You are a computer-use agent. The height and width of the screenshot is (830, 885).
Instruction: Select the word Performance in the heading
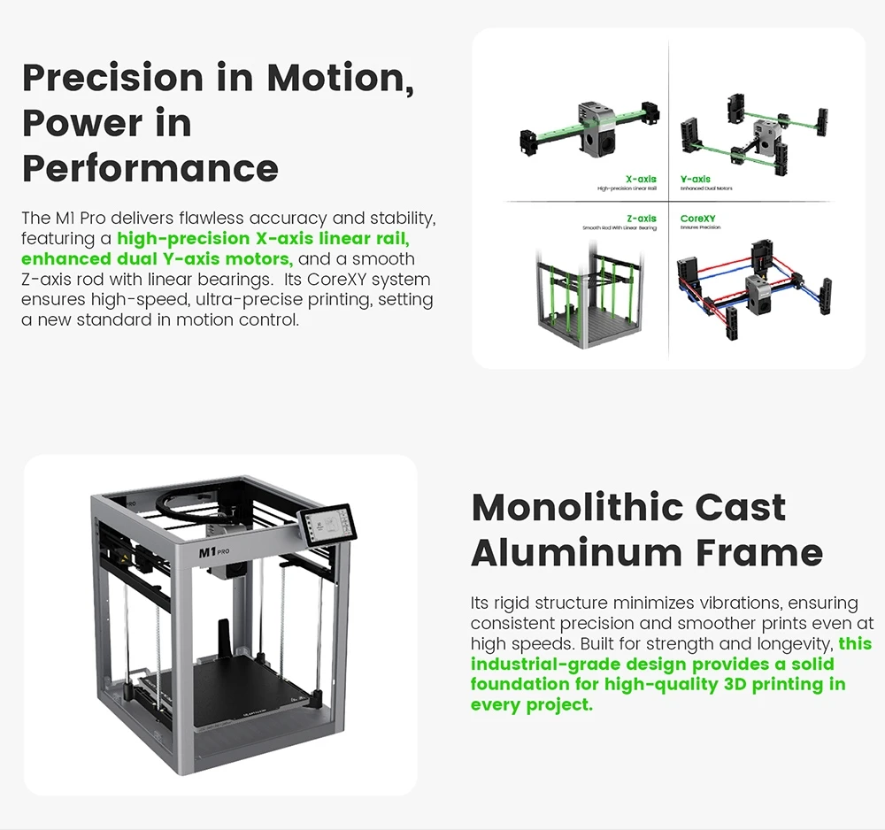coord(150,167)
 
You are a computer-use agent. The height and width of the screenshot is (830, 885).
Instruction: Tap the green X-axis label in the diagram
coord(641,180)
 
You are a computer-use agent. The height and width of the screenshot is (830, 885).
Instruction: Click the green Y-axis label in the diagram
coord(696,180)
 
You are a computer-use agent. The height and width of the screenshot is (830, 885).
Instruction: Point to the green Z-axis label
coord(641,219)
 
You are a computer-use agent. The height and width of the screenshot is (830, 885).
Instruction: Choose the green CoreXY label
coord(699,219)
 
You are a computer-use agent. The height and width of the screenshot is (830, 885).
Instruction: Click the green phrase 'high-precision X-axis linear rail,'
coord(263,239)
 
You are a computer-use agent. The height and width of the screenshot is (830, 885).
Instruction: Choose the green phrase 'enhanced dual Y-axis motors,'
coord(158,259)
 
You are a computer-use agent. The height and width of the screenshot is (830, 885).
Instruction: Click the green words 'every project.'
coord(531,705)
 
